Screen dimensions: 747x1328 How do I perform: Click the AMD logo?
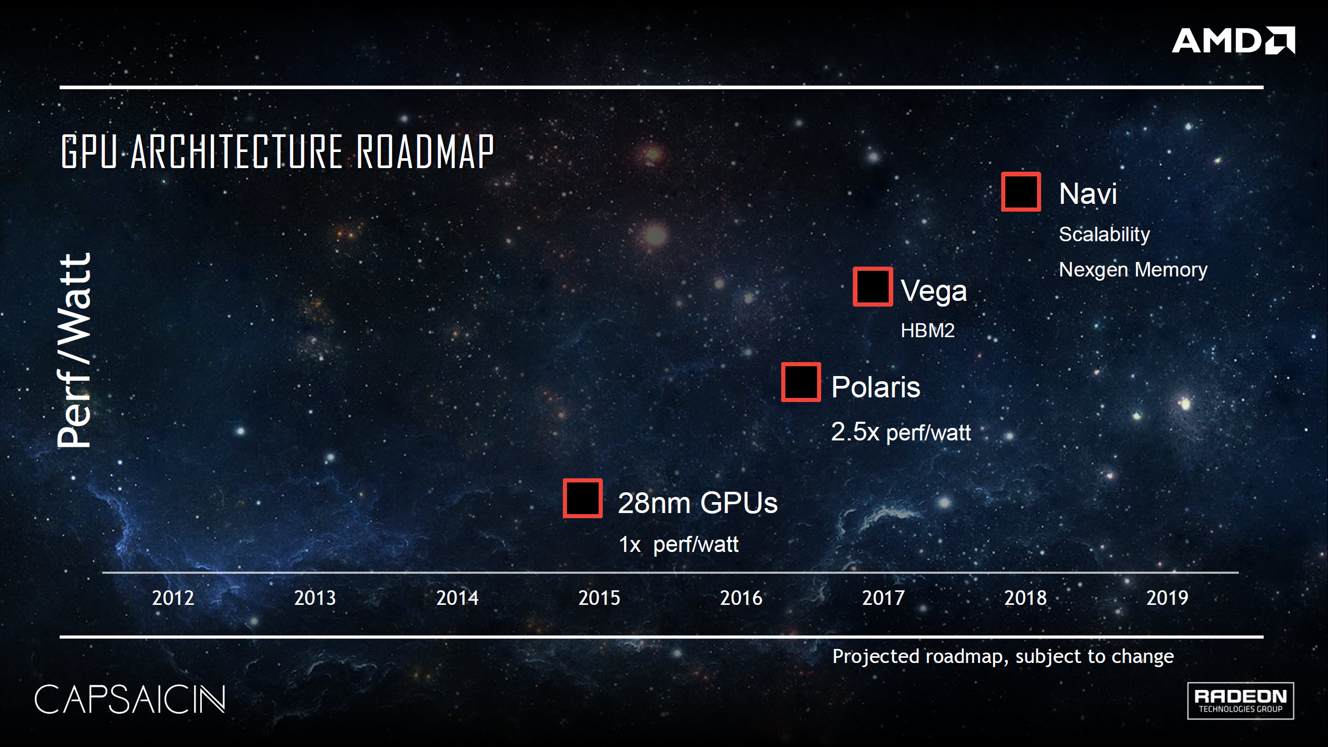pyautogui.click(x=1233, y=40)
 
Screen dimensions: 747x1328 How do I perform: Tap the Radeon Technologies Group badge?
pyautogui.click(x=1240, y=701)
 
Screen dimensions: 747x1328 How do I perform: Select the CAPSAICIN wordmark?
pyautogui.click(x=130, y=699)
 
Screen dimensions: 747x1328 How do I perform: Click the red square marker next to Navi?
pyautogui.click(x=1020, y=191)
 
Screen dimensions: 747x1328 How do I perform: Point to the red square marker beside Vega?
pyautogui.click(x=873, y=286)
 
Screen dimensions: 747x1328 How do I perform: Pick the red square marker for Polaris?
pyautogui.click(x=801, y=382)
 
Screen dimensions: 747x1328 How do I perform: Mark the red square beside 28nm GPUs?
pyautogui.click(x=583, y=498)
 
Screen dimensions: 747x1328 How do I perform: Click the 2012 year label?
pyautogui.click(x=173, y=598)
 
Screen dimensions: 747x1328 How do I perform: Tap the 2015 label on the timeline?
pyautogui.click(x=599, y=598)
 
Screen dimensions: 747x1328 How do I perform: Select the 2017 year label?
pyautogui.click(x=883, y=598)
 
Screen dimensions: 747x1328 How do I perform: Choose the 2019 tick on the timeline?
pyautogui.click(x=1167, y=598)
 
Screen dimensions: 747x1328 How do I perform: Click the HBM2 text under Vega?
pyautogui.click(x=928, y=330)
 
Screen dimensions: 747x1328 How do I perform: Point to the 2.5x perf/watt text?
pyautogui.click(x=901, y=432)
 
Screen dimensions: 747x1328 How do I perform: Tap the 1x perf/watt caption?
pyautogui.click(x=678, y=544)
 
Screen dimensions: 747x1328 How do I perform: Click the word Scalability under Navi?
pyautogui.click(x=1104, y=234)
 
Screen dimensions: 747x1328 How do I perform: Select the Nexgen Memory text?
pyautogui.click(x=1133, y=270)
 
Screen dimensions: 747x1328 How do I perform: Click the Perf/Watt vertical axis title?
pyautogui.click(x=74, y=350)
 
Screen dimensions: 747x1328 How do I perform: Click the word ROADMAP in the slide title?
pyautogui.click(x=425, y=151)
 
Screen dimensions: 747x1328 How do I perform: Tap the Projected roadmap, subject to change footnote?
pyautogui.click(x=1003, y=657)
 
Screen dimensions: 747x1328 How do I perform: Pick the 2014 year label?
pyautogui.click(x=457, y=598)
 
